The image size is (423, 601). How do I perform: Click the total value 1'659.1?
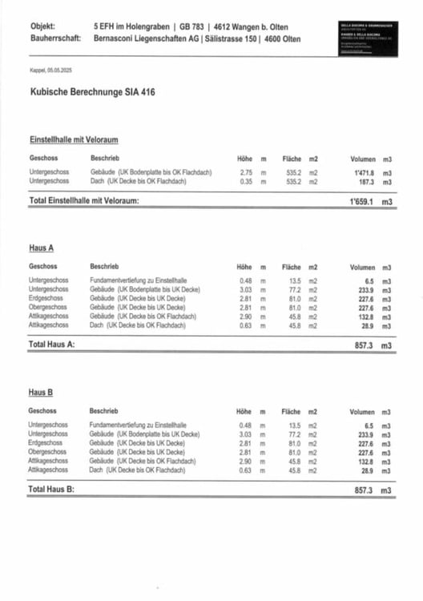pyautogui.click(x=362, y=201)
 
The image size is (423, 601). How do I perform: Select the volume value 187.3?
pyautogui.click(x=367, y=182)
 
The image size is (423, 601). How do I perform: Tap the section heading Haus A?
pyautogui.click(x=41, y=249)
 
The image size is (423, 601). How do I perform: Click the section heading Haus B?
pyautogui.click(x=41, y=393)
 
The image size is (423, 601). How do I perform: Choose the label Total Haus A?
pyautogui.click(x=51, y=344)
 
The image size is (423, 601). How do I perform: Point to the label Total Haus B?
pyautogui.click(x=51, y=488)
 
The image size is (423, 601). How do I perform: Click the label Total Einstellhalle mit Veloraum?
pyautogui.click(x=84, y=201)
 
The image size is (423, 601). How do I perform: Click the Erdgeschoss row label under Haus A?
pyautogui.click(x=45, y=298)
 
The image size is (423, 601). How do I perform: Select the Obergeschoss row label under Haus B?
pyautogui.click(x=46, y=452)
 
